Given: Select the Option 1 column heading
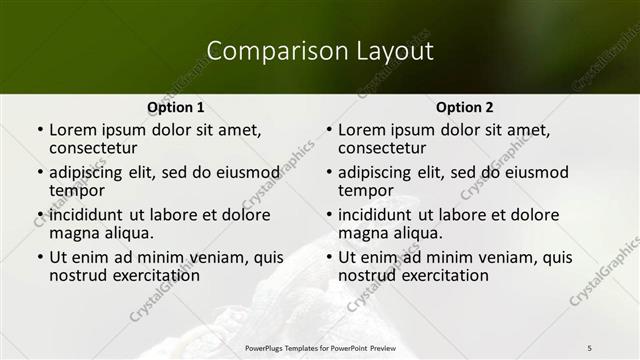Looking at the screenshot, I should [175, 107].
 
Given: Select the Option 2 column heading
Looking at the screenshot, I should [464, 107].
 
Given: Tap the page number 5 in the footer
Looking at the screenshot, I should [589, 347].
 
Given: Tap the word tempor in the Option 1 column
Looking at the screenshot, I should [77, 191].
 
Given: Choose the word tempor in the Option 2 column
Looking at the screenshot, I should [366, 191].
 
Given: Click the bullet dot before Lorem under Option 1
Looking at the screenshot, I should [40, 130].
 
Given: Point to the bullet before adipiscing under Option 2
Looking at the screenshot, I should [329, 173].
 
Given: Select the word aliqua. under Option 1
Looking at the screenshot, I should [127, 233].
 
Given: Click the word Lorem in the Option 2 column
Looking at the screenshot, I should [360, 129].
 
